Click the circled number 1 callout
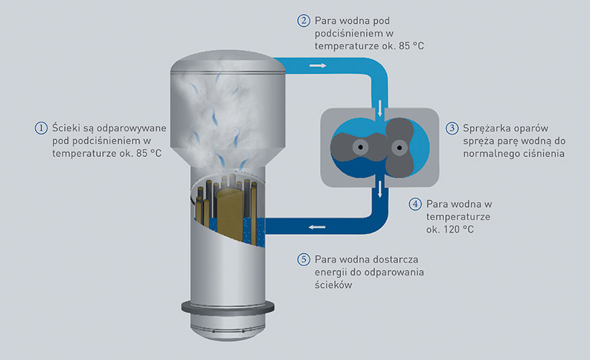click(x=42, y=127)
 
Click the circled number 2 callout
click(x=304, y=20)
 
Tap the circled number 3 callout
click(x=452, y=127)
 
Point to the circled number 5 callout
click(x=304, y=259)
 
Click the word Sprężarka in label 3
click(x=488, y=127)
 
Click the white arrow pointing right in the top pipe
click(x=317, y=66)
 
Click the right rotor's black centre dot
click(x=399, y=146)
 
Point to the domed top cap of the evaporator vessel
click(x=226, y=63)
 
